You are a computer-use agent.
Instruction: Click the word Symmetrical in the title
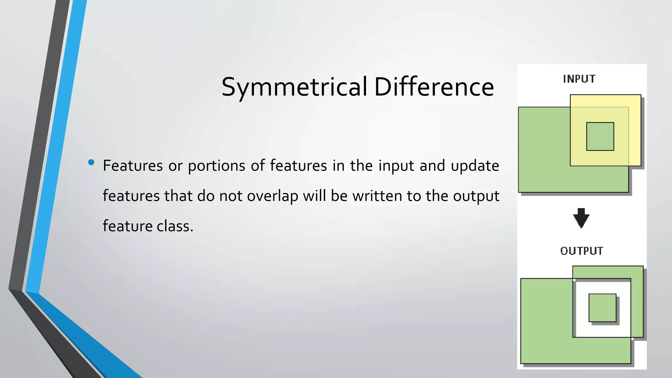pyautogui.click(x=294, y=87)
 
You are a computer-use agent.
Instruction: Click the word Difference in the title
pyautogui.click(x=434, y=87)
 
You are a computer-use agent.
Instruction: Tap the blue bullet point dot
pyautogui.click(x=91, y=162)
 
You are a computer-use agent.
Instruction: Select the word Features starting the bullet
pyautogui.click(x=133, y=165)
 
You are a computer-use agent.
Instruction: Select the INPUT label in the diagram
pyautogui.click(x=579, y=79)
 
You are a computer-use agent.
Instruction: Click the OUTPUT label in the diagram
pyautogui.click(x=581, y=251)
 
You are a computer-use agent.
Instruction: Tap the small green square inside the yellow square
pyautogui.click(x=600, y=136)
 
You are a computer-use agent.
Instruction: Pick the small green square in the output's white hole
pyautogui.click(x=602, y=308)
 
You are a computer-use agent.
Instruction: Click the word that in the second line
pyautogui.click(x=178, y=196)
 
